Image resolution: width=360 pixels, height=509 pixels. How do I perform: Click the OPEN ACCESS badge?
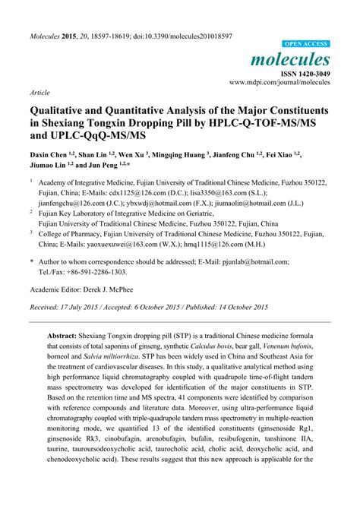306,44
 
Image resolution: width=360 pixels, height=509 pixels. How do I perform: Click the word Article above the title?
39,91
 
